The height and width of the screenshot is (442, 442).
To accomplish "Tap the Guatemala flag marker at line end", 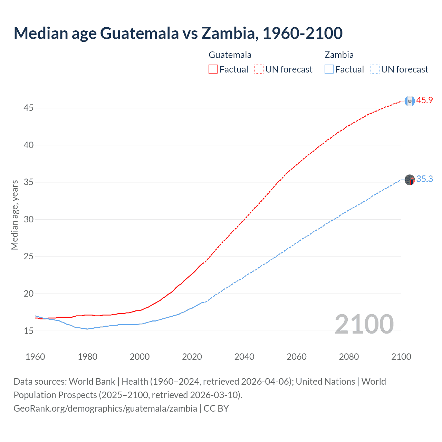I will coord(410,101).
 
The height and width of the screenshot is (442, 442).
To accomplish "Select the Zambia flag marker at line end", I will coord(410,180).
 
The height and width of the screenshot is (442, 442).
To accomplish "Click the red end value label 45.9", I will coord(424,100).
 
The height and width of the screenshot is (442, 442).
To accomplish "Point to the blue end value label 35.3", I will coord(424,179).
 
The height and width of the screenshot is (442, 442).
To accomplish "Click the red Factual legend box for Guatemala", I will coord(213,69).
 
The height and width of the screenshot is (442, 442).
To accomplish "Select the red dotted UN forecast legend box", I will coord(259,69).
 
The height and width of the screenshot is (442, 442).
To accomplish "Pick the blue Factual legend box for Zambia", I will coord(329,69).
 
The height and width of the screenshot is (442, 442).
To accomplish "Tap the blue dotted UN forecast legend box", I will coord(375,69).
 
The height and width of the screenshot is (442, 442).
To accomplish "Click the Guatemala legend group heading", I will coord(230,55).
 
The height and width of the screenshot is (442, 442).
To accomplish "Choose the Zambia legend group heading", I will coord(339,55).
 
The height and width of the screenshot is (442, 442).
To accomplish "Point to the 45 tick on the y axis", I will coord(28,108).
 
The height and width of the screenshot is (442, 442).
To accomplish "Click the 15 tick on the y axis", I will coord(28,331).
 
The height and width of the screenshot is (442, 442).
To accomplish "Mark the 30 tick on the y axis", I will coord(28,220).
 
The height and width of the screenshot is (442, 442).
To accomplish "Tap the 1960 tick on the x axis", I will coord(35,357).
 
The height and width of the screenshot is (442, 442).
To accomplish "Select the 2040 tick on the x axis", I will coord(244,357).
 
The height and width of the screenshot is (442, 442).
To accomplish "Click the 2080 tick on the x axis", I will coord(349,357).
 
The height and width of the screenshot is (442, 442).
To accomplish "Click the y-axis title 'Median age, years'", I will coord(15,215).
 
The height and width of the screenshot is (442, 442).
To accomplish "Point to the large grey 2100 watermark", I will coord(364,324).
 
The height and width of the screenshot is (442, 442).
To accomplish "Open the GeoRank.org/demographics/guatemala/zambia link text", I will coord(105,409).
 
